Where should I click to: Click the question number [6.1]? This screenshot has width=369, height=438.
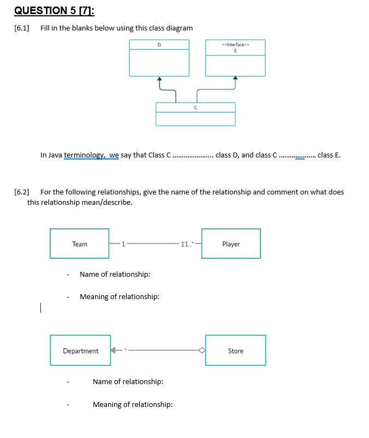[21, 28]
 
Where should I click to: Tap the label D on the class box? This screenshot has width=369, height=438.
[159, 45]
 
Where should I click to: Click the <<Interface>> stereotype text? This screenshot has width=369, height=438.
[235, 45]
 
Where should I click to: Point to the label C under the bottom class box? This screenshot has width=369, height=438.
[195, 108]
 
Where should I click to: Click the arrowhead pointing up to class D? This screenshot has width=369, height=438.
[160, 79]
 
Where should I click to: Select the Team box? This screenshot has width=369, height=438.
[80, 244]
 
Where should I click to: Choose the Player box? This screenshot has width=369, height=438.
[231, 244]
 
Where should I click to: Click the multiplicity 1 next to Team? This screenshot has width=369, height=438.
[123, 244]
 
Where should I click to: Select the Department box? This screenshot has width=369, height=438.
[80, 350]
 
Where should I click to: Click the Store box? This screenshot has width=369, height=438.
[236, 350]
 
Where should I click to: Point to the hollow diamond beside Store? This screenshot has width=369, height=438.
[201, 350]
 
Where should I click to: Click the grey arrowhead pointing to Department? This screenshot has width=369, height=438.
[115, 350]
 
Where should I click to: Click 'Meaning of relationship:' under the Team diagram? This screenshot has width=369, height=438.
[120, 297]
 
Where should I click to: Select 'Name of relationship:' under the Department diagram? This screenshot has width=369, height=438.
[128, 381]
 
